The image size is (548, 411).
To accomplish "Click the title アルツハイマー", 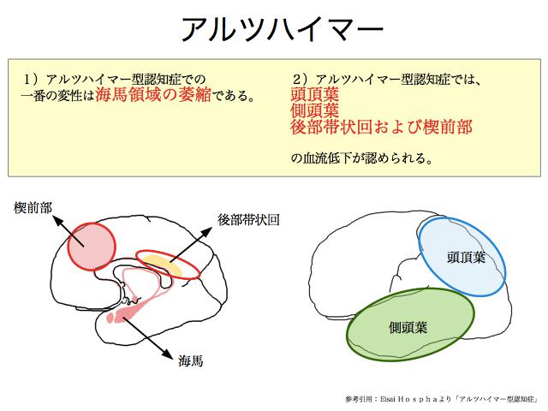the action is [282, 29].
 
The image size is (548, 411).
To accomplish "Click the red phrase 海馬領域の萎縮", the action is [153, 94].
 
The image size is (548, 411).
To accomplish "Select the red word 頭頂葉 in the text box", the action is [314, 94].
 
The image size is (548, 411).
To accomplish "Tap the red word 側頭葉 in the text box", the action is [314, 110].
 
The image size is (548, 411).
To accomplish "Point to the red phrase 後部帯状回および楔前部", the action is [381, 127].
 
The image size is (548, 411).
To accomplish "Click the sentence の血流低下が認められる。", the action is [361, 158].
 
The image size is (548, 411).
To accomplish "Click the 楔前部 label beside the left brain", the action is [33, 208].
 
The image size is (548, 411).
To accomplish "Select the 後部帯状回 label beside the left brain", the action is [248, 220].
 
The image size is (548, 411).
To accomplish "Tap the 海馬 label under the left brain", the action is [190, 360].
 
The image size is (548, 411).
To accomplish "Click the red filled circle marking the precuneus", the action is [92, 247].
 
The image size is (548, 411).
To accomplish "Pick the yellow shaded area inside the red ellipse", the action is [164, 265].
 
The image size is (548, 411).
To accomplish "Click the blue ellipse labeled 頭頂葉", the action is [462, 257].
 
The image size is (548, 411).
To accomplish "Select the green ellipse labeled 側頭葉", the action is [411, 325].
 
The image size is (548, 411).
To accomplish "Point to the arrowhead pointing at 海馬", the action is [168, 354].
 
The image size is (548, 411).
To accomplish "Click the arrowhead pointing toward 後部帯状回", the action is [206, 232].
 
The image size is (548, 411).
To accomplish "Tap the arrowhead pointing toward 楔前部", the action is [57, 220].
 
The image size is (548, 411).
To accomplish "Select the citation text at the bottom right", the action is [442, 399].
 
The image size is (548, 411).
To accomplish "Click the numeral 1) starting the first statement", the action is [31, 80].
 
